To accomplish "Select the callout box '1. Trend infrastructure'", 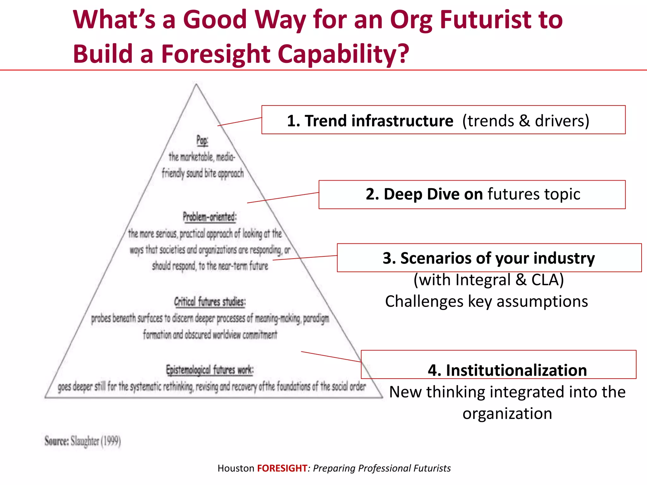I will (x=443, y=120).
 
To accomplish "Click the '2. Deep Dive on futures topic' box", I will (x=472, y=195).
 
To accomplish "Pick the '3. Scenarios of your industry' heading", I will (x=489, y=258).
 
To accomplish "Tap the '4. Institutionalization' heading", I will (x=507, y=370).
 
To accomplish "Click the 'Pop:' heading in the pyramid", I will (x=202, y=140).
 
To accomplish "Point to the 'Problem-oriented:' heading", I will (x=210, y=217).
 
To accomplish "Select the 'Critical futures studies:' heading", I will (x=210, y=302).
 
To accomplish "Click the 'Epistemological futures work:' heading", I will (x=210, y=370).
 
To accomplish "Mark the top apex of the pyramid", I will (x=196, y=84).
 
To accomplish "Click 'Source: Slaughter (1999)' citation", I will (x=83, y=441).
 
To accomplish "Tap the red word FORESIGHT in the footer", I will (x=282, y=468).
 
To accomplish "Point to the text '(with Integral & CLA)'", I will (x=488, y=280).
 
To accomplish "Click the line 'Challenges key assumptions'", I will (x=487, y=301).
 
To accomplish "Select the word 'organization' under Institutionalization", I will (x=507, y=413).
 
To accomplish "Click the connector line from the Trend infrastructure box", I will (x=239, y=122).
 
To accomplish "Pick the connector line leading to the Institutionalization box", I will (x=331, y=356).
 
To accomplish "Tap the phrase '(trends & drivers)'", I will (x=526, y=121).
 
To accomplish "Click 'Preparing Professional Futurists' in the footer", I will (x=382, y=468).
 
